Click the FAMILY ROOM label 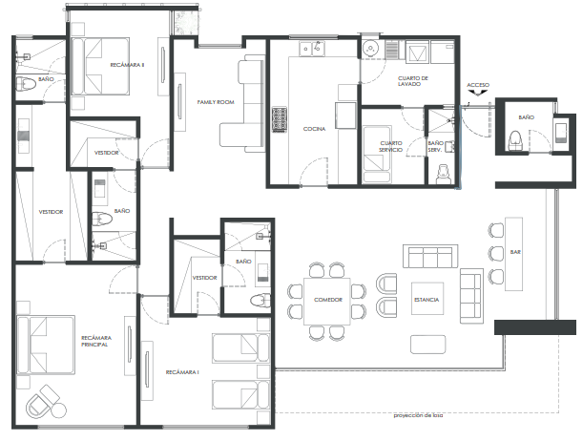point(216,102)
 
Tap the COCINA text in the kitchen point(314,129)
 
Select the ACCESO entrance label point(478,85)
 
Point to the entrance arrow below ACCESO point(478,93)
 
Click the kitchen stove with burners point(280,119)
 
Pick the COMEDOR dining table point(327,302)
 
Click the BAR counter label point(515,252)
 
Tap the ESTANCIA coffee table point(427,299)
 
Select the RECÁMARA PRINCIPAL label point(96,341)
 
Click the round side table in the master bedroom point(58,410)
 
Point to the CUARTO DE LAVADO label point(413,81)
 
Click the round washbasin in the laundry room point(370,49)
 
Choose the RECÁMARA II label point(127,65)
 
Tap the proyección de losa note point(418,416)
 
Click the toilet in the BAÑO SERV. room point(444,174)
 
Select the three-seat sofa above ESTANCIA point(430,256)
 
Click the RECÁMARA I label point(182,372)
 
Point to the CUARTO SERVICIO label point(391,146)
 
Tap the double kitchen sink point(312,49)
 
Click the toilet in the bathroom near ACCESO point(515,140)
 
